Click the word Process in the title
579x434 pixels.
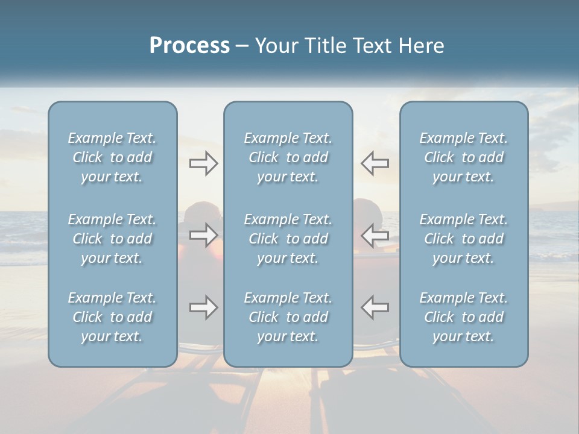tap(189, 46)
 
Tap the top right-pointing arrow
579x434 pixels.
tap(204, 163)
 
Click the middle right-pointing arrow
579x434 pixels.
tap(204, 234)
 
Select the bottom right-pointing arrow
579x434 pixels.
tap(204, 307)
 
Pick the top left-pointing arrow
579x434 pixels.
tap(375, 163)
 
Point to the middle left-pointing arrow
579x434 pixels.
tap(375, 234)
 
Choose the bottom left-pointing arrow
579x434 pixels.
tap(375, 307)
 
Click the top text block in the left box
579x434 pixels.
tap(112, 157)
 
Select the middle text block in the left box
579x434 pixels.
tap(112, 239)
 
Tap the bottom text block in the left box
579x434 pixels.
tap(112, 317)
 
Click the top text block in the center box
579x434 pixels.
tap(288, 157)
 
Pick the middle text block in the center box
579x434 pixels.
tap(288, 239)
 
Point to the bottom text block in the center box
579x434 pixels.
tap(288, 317)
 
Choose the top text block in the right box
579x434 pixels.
tap(464, 157)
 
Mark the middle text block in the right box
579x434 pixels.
tap(464, 239)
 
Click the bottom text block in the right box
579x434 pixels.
tap(464, 317)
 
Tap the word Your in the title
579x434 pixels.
tap(275, 46)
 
